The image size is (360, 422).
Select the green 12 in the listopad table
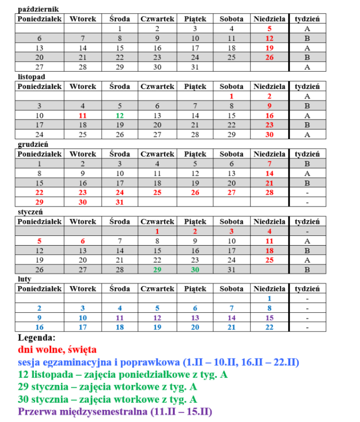click(120, 115)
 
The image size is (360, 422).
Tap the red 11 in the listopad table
click(83, 115)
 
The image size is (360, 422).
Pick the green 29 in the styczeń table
click(157, 270)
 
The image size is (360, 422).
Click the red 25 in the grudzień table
click(157, 192)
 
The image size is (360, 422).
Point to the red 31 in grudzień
click(120, 202)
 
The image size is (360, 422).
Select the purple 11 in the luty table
click(120, 317)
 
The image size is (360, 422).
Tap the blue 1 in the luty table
click(269, 298)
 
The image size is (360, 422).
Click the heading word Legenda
click(37, 338)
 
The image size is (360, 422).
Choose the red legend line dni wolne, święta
click(57, 350)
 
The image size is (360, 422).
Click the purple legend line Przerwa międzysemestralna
click(115, 412)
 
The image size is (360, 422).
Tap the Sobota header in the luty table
click(231, 289)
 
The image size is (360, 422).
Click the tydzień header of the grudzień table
click(307, 154)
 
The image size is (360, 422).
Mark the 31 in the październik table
click(195, 67)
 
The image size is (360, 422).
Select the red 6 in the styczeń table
click(83, 241)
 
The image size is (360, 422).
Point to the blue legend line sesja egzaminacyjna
click(159, 362)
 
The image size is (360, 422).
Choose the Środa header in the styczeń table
click(120, 221)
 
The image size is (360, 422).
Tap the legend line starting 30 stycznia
click(107, 399)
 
